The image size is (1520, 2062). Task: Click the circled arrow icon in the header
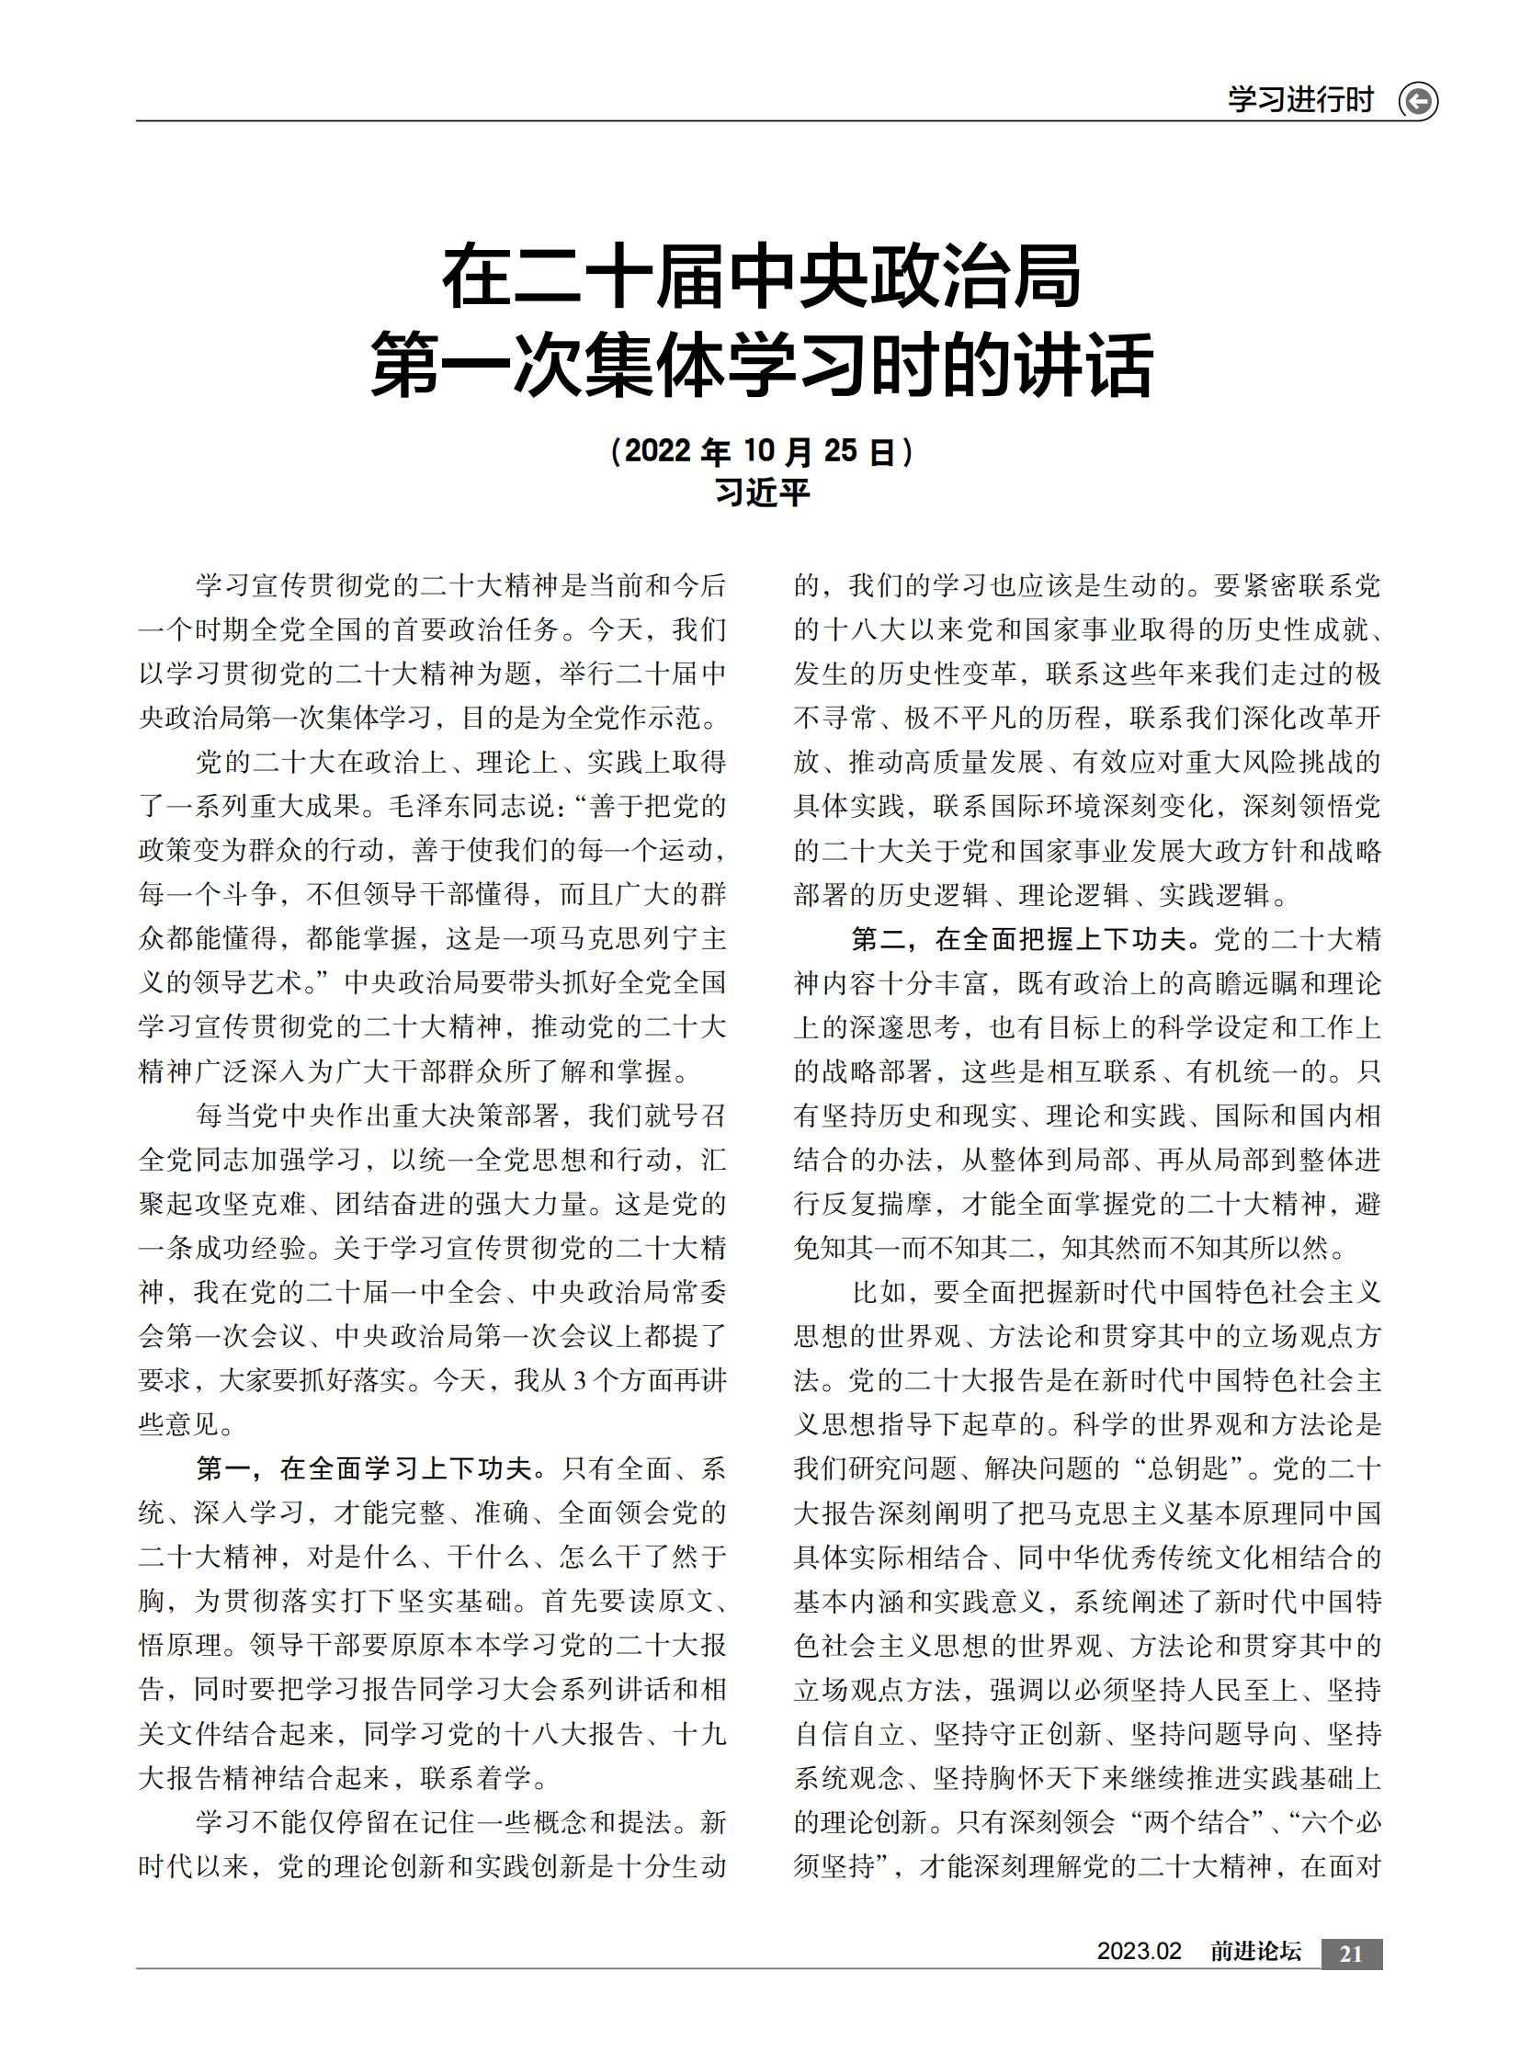[1417, 100]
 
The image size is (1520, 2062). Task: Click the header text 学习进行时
[1299, 99]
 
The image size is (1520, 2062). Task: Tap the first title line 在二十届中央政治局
[761, 278]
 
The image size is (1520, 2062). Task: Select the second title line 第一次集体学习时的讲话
[761, 366]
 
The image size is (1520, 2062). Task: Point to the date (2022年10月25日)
[761, 451]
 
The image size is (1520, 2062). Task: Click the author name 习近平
[761, 493]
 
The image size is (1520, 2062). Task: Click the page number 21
[1351, 1954]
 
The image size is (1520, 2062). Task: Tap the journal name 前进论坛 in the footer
[1255, 1952]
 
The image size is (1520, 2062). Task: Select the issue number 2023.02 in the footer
[1138, 1952]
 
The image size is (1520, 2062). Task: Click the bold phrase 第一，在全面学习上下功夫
[363, 1468]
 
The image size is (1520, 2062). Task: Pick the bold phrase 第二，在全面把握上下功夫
[1019, 939]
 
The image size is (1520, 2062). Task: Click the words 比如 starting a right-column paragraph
[879, 1293]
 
